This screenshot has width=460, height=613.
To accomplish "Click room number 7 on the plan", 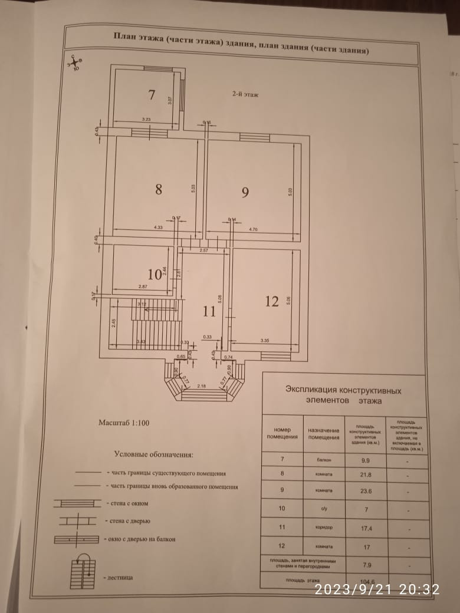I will click(152, 94).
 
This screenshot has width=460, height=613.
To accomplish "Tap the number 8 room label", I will click(158, 189).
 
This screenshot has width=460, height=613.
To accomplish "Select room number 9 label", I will click(245, 192).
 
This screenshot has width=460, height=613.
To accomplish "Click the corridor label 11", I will click(209, 311).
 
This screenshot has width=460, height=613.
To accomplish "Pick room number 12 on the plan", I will click(271, 301).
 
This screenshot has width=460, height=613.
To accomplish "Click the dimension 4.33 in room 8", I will click(158, 227).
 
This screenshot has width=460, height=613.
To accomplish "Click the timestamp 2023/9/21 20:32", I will click(377, 589).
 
